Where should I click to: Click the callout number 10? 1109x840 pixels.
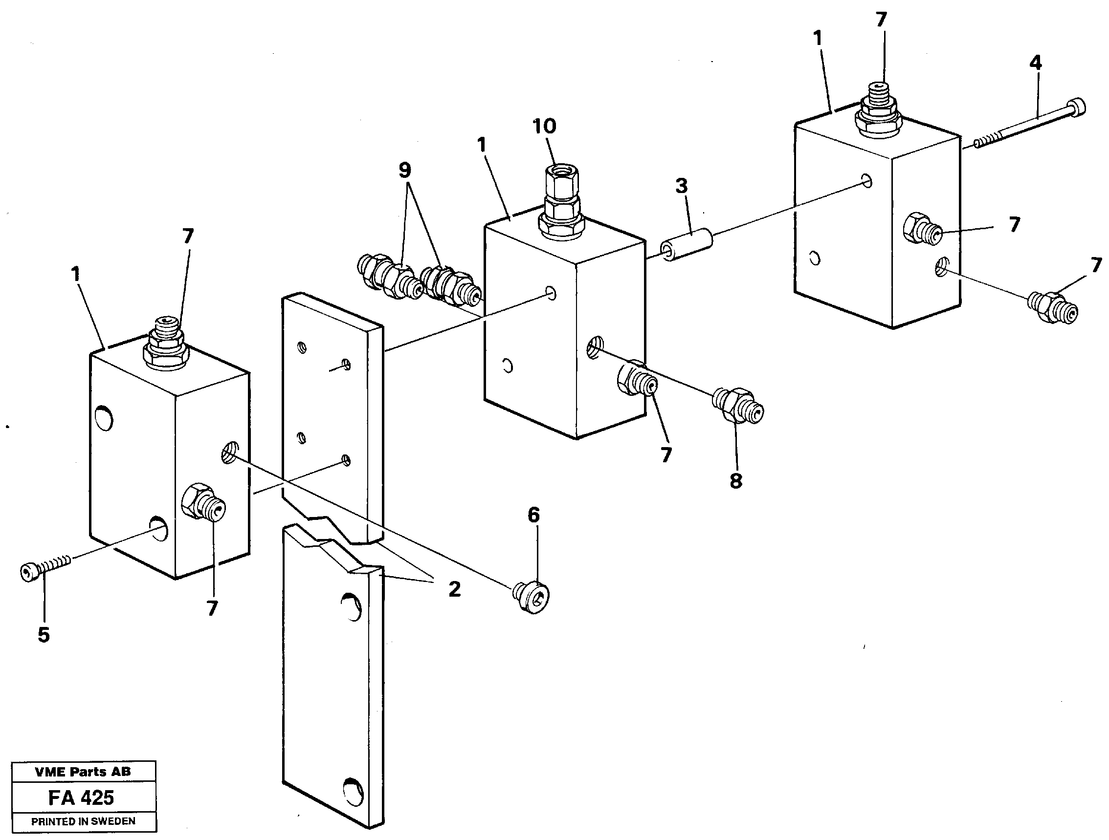click(544, 126)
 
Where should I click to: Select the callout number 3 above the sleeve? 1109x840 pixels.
click(681, 186)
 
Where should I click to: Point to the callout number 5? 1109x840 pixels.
click(44, 635)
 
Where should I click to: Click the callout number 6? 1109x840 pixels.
click(533, 515)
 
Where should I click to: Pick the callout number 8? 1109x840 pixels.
click(735, 481)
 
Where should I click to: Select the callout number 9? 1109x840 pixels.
click(404, 171)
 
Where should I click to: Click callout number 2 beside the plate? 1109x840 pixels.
click(454, 589)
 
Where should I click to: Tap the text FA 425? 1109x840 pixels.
click(81, 797)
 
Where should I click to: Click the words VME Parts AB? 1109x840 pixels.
click(83, 772)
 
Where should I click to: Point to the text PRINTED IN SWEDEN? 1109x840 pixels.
click(83, 821)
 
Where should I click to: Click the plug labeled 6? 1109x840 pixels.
click(532, 597)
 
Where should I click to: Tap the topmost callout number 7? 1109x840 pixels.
click(881, 21)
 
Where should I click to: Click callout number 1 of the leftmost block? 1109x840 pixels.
click(76, 275)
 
